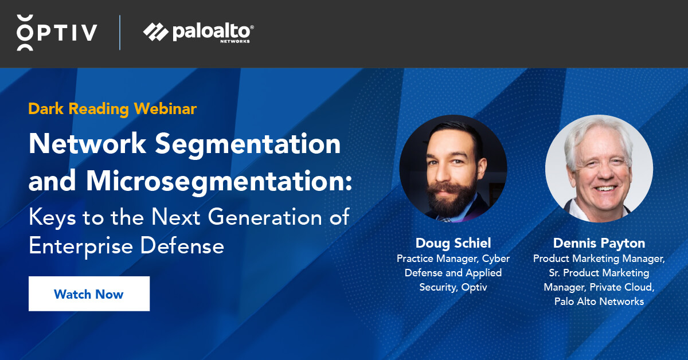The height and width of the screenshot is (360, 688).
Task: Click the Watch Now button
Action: [89, 294]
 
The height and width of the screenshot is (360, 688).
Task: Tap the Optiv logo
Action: [57, 32]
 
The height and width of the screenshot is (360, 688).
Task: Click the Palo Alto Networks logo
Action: [198, 32]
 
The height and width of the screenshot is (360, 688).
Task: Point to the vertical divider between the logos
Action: [120, 32]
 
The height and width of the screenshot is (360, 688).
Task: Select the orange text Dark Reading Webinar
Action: [112, 109]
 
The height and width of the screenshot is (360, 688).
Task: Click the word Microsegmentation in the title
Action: [218, 181]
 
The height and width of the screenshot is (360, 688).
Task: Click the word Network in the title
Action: [87, 144]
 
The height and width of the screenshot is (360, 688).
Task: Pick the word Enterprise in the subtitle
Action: [81, 246]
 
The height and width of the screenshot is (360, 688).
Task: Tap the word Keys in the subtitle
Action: [52, 218]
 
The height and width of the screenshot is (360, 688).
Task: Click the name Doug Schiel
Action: [453, 243]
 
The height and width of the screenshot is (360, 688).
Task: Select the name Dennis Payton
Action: [599, 243]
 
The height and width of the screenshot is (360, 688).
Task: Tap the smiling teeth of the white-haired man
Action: [604, 188]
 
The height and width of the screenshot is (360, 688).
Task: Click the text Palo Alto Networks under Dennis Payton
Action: [599, 302]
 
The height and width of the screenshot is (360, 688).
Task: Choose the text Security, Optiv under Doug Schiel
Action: [453, 287]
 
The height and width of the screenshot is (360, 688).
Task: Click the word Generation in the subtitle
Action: [265, 217]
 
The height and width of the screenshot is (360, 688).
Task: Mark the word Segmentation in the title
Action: [248, 144]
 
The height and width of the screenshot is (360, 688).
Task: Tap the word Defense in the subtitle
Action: [182, 246]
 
